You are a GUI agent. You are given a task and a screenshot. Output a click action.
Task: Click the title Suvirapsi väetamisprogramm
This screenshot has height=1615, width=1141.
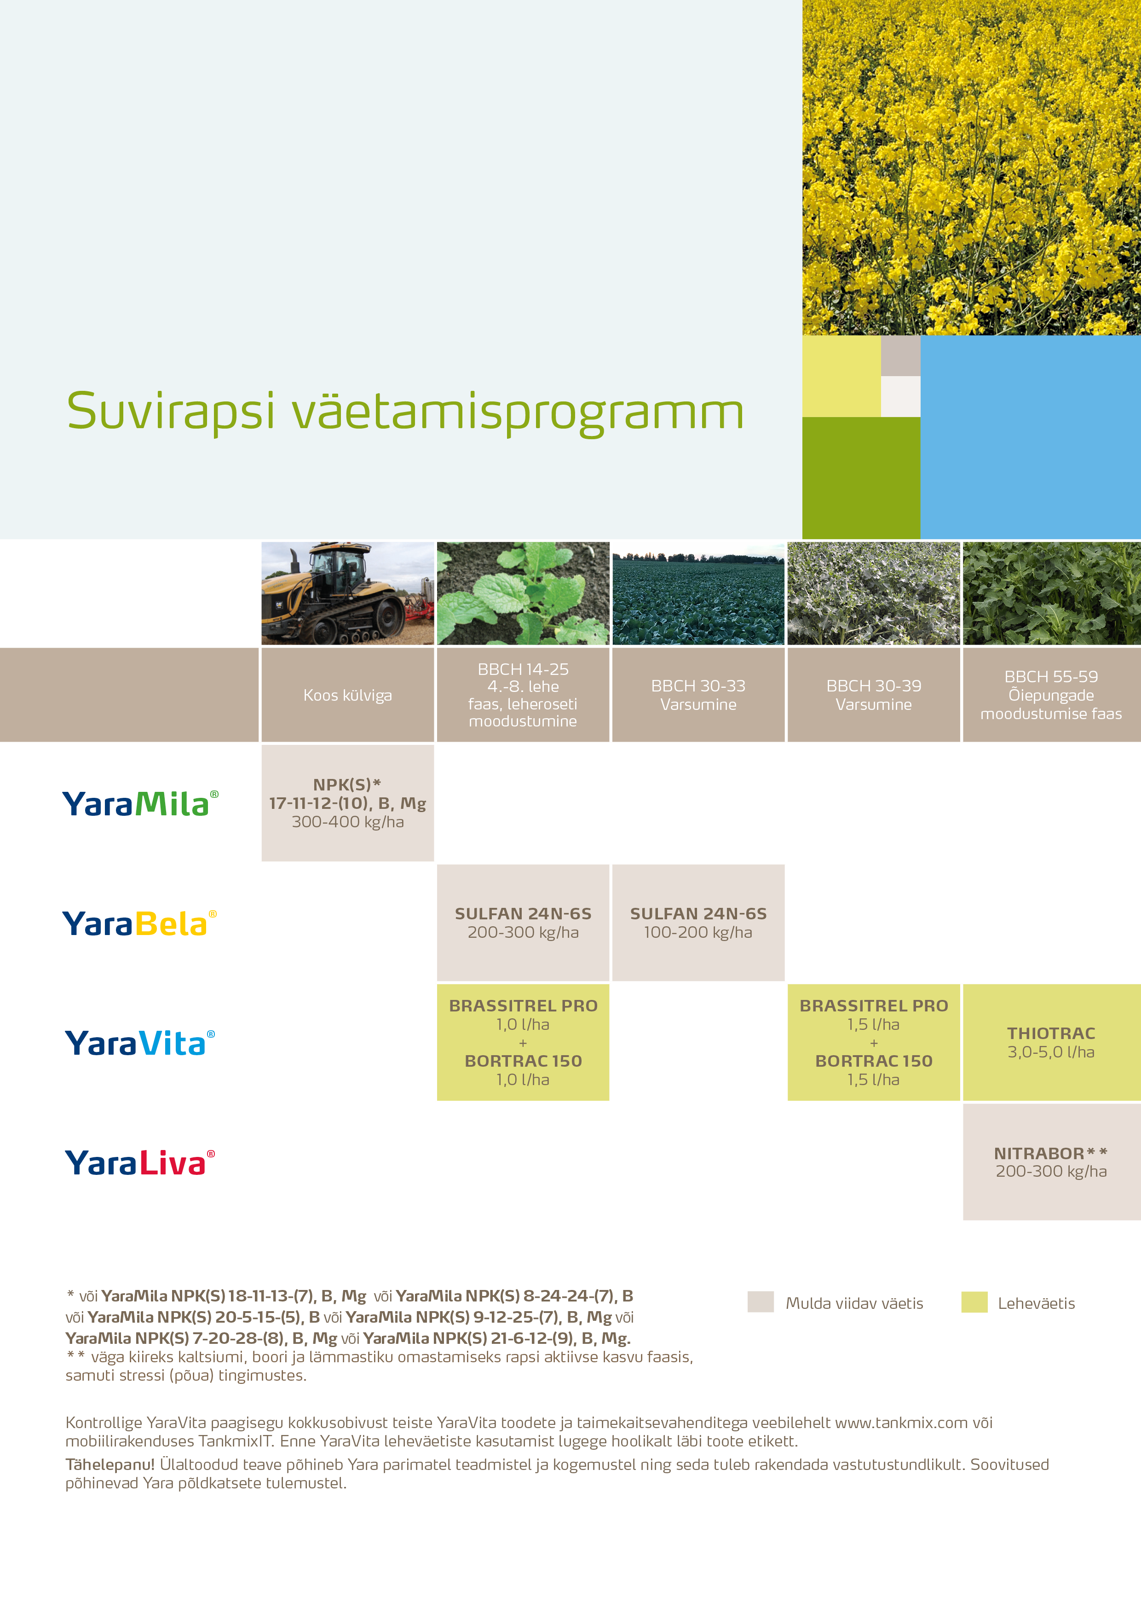(405, 412)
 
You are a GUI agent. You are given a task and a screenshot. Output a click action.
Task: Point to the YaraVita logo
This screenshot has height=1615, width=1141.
(140, 1042)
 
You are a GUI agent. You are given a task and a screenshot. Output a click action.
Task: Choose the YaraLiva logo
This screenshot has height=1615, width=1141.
(140, 1162)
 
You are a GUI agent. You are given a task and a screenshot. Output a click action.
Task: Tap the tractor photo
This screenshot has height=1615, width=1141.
(347, 593)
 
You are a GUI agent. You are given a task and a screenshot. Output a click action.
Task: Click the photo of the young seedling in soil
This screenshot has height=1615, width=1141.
(523, 593)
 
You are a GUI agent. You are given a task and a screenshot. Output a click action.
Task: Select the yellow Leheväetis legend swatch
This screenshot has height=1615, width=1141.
(974, 1302)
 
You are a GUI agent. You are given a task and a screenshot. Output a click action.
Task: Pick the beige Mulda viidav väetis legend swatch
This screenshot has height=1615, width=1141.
(761, 1302)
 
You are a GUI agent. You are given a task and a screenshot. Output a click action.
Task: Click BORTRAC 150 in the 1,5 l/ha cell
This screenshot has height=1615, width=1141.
(874, 1061)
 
